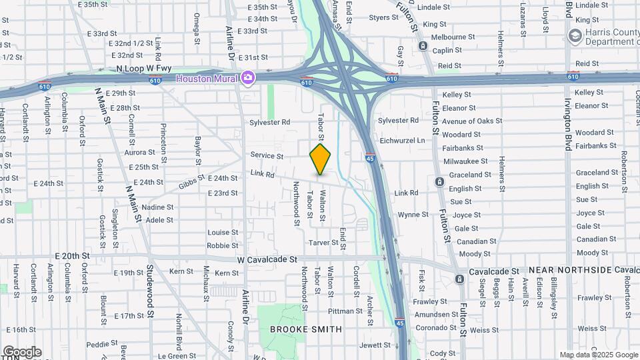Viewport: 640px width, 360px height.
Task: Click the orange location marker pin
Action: [321, 159]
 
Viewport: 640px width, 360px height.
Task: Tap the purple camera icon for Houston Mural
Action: [248, 78]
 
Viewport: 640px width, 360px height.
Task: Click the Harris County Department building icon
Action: [575, 35]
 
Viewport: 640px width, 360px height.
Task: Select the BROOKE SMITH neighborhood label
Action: [306, 329]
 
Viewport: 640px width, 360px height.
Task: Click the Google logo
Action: [21, 351]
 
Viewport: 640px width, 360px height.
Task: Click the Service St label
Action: [267, 156]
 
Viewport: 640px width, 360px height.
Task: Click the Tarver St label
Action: [323, 243]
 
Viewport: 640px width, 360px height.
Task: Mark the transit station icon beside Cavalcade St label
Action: [459, 279]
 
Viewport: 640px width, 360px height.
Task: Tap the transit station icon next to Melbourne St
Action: [423, 45]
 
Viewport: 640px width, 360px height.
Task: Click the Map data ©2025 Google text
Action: [598, 355]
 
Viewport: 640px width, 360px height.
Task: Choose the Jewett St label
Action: [375, 345]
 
